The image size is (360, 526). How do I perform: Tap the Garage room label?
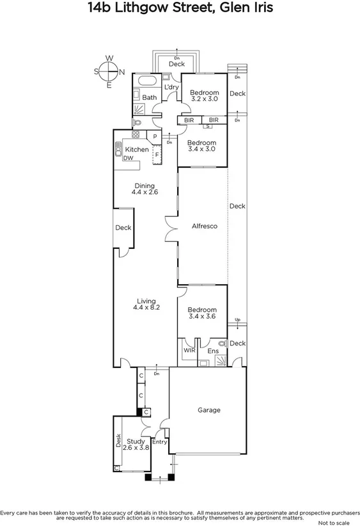pyautogui.click(x=208, y=410)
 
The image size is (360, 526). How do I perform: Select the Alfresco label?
pyautogui.click(x=205, y=226)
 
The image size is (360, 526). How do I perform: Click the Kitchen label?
pyautogui.click(x=136, y=150)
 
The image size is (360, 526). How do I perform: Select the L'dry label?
pyautogui.click(x=171, y=87)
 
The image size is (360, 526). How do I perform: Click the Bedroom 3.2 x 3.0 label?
pyautogui.click(x=205, y=95)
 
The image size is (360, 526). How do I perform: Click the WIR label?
pyautogui.click(x=189, y=351)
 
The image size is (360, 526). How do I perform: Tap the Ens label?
pyautogui.click(x=213, y=351)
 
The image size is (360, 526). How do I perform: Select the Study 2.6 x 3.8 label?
pyautogui.click(x=136, y=444)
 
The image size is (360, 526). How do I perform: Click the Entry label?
pyautogui.click(x=159, y=442)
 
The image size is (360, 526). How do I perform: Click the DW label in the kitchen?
pyautogui.click(x=128, y=158)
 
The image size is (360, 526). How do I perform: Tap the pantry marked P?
pyautogui.click(x=155, y=136)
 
